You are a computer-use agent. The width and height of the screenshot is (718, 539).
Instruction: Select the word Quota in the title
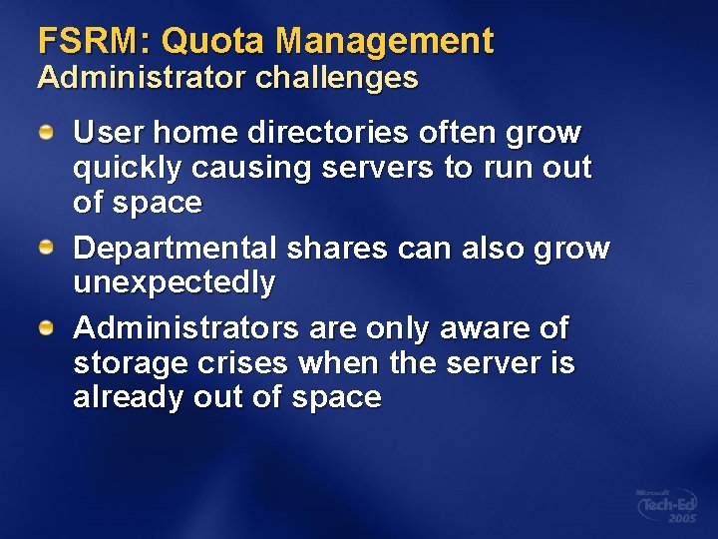click(x=212, y=41)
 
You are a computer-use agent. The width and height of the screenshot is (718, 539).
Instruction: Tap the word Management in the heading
click(x=384, y=41)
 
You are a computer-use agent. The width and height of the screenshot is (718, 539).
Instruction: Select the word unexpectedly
click(x=175, y=283)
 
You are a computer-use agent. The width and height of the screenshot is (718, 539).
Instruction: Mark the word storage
click(x=125, y=362)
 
